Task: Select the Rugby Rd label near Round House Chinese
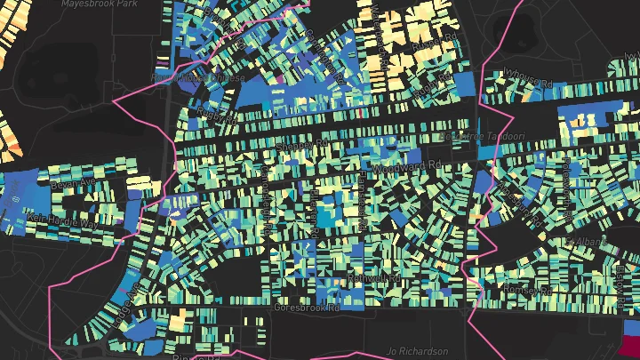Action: [x=219, y=116]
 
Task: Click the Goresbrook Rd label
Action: [x=307, y=307]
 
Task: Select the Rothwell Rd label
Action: [x=375, y=278]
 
